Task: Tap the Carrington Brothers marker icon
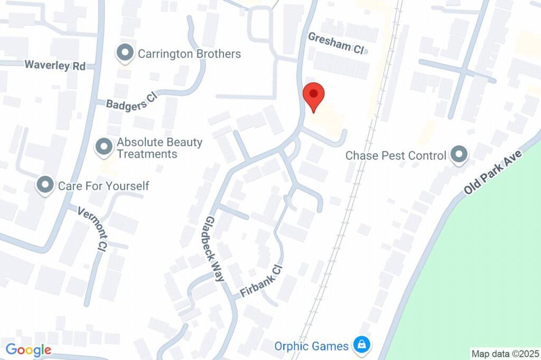coord(125,53)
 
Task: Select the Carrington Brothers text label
coord(189,54)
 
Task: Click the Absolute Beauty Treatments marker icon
coord(104,147)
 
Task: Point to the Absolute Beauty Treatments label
coord(159,148)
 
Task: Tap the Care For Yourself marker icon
coord(45,185)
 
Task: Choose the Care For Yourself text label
coord(104,186)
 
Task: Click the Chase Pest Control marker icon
coord(459,155)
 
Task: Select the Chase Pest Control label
coord(396,156)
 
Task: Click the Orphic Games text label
coord(311,346)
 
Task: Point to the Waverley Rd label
coord(55,65)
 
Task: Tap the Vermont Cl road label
coord(92,228)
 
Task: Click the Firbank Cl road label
coord(262,281)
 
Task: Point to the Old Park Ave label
coord(493,172)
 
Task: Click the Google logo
coord(29,349)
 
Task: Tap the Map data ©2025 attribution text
coord(505,354)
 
